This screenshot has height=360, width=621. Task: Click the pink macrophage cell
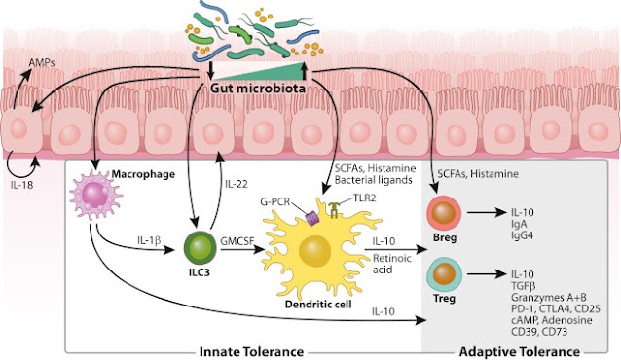(95, 194)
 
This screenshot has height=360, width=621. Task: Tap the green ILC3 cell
(200, 248)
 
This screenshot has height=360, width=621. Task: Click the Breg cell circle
(444, 213)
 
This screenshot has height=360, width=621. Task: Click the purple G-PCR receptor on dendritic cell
(312, 218)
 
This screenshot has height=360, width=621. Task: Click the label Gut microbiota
(258, 88)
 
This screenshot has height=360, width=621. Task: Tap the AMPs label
(42, 62)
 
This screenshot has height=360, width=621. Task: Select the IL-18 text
(21, 184)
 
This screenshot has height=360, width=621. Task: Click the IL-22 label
(237, 184)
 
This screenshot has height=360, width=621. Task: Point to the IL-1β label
(149, 240)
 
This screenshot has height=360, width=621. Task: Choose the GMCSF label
(237, 240)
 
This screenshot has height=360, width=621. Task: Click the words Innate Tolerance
(251, 351)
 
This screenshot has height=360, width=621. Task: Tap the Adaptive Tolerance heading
(519, 351)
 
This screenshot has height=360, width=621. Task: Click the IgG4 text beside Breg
(523, 235)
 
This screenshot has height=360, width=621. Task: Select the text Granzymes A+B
(549, 298)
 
